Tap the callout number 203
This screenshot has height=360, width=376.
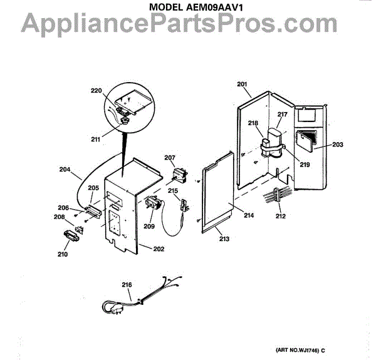coord(338,145)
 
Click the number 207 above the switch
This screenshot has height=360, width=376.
coord(170,157)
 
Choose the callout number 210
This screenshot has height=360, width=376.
coord(61,254)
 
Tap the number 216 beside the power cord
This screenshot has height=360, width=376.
coord(127,285)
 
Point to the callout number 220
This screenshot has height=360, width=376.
coord(95,91)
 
